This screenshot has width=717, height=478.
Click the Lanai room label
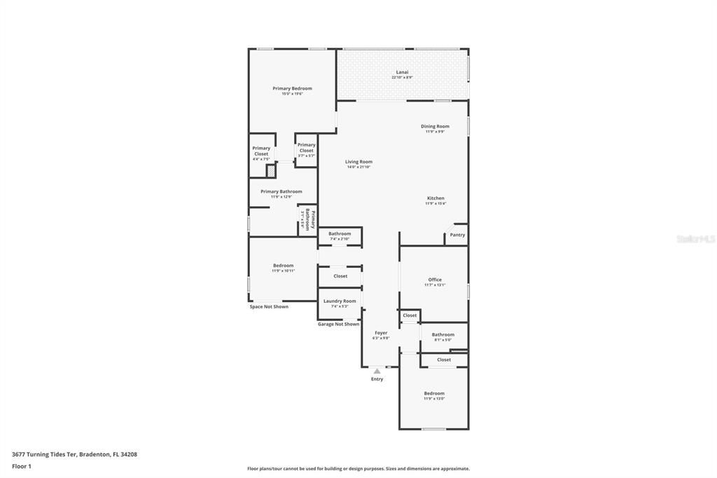click(x=402, y=71)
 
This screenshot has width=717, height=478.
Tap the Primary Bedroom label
click(x=292, y=88)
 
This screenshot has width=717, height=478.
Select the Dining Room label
click(x=435, y=126)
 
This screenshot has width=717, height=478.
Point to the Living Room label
click(x=358, y=162)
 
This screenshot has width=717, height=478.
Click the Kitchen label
click(x=436, y=198)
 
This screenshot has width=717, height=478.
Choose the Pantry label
click(x=457, y=235)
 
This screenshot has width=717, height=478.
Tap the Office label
click(x=435, y=280)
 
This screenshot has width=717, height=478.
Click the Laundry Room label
click(x=340, y=301)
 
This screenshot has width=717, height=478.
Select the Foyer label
click(x=381, y=333)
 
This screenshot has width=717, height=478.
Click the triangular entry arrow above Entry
click(x=377, y=371)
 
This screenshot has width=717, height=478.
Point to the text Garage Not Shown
click(x=338, y=324)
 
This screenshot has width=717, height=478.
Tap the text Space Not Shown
click(x=269, y=306)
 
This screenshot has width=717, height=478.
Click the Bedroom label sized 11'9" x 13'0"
click(x=434, y=393)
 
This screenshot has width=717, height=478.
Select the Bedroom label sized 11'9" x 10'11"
click(x=283, y=266)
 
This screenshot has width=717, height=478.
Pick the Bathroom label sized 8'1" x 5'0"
click(x=443, y=334)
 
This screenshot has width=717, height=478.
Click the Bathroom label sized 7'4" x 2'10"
click(x=340, y=233)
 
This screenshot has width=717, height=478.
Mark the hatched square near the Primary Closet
click(x=271, y=170)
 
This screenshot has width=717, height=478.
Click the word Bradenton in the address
click(x=95, y=454)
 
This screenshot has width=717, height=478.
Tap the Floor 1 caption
click(x=22, y=466)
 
